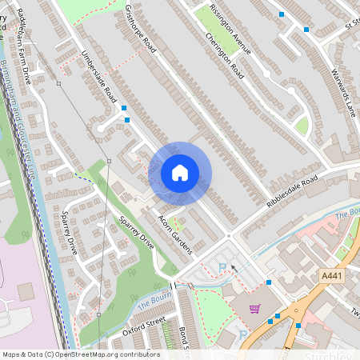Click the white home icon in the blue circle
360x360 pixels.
(x=180, y=172)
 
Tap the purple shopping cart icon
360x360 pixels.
(x=254, y=309)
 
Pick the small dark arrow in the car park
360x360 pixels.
(x=234, y=268)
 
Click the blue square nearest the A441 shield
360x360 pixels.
(x=298, y=325)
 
